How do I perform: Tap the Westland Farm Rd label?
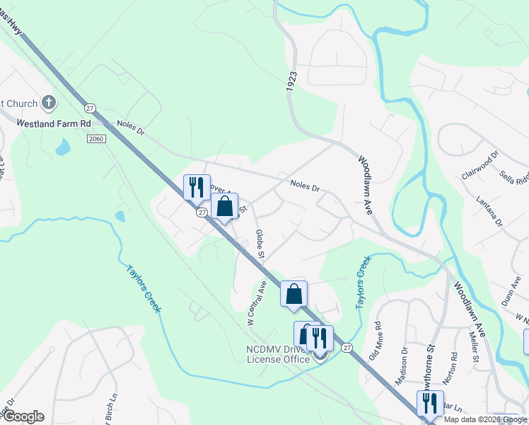(x=55, y=123)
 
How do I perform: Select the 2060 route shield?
(x=97, y=138)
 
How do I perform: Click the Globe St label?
(x=260, y=244)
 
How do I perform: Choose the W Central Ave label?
(x=255, y=302)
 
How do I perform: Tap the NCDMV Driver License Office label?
(x=277, y=354)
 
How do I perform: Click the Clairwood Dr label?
(x=480, y=163)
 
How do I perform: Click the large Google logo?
(x=23, y=416)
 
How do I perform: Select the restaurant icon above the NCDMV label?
(x=320, y=339)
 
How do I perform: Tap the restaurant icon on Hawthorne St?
(x=430, y=403)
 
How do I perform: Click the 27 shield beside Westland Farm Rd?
(x=90, y=108)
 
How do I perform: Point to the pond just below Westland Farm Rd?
(x=63, y=147)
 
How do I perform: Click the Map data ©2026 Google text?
(x=486, y=419)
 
